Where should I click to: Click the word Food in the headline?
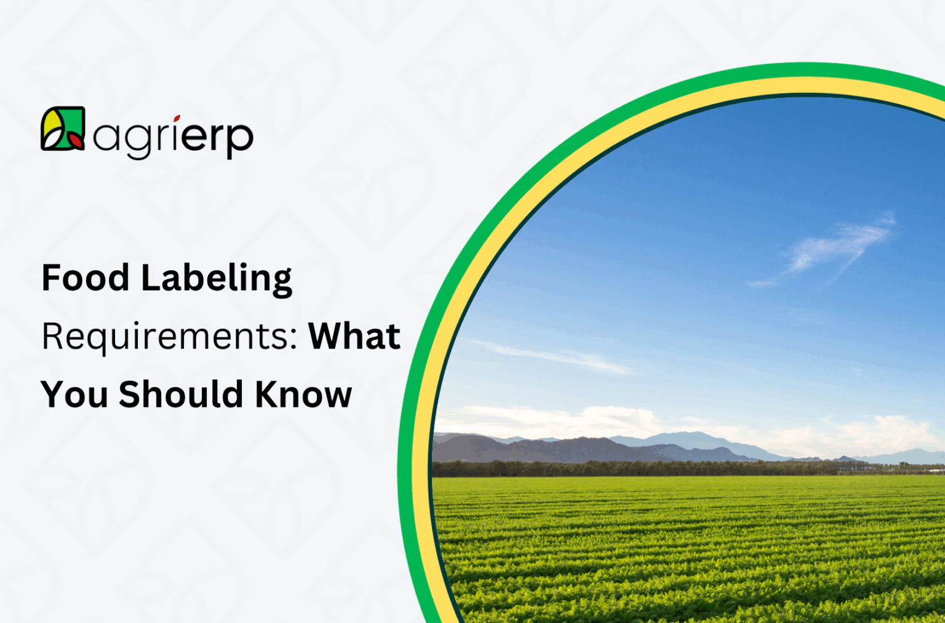pos(86,278)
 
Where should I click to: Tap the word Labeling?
pos(217,279)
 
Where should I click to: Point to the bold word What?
pos(354,336)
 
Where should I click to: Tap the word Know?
pos(303,395)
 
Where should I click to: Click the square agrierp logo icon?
pos(63,129)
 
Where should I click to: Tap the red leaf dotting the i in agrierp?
pos(177,118)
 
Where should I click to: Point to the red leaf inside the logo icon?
pos(76,140)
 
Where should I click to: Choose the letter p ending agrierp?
pos(239,140)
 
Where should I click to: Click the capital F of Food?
pos(50,278)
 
